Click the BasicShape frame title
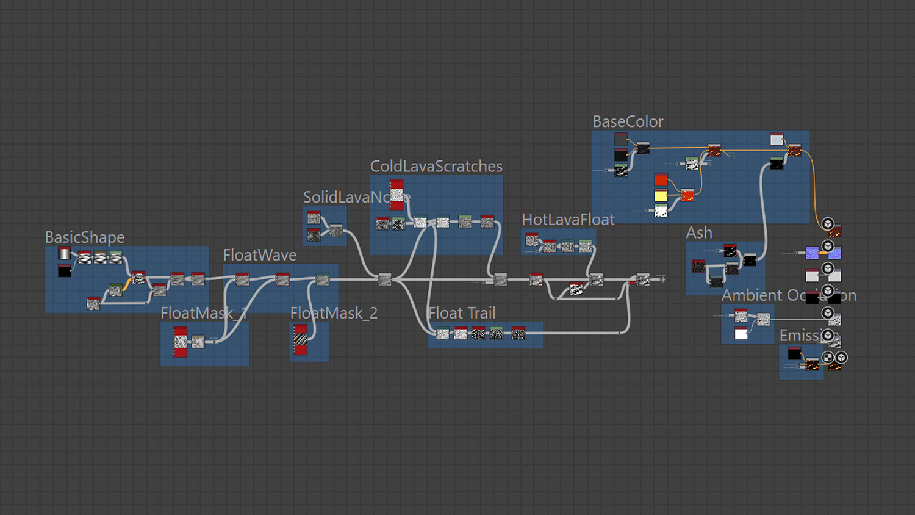[x=85, y=237]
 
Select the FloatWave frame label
[x=260, y=255]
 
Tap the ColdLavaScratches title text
[x=436, y=166]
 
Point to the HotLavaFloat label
[x=568, y=220]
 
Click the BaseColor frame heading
[x=628, y=122]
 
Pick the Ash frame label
[x=699, y=233]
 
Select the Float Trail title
[x=462, y=313]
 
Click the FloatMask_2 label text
[x=334, y=314]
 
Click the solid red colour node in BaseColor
[x=661, y=180]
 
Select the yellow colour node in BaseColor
[x=661, y=196]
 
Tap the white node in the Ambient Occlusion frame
[x=741, y=334]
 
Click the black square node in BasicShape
[x=65, y=271]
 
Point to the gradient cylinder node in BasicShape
[x=65, y=253]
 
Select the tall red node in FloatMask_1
[x=180, y=342]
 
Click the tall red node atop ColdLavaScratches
[x=396, y=195]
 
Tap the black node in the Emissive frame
[x=794, y=353]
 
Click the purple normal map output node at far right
[x=813, y=253]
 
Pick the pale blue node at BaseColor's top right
[x=777, y=140]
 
